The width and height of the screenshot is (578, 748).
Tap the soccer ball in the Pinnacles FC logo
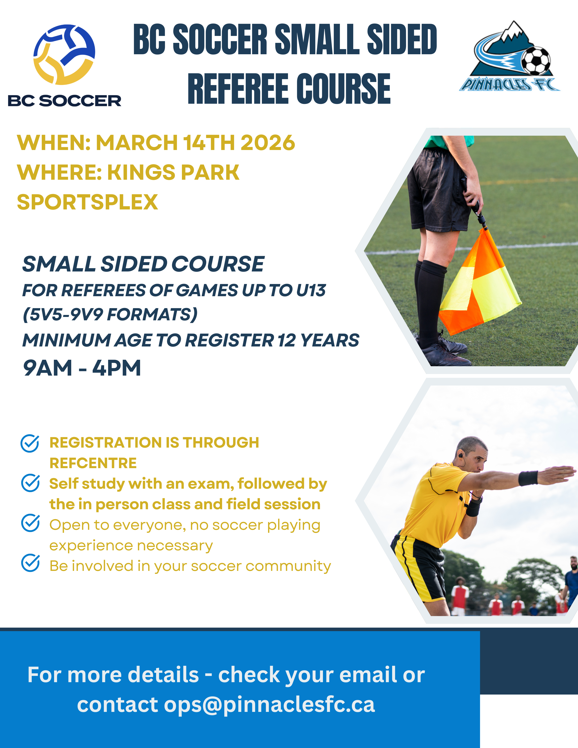536,61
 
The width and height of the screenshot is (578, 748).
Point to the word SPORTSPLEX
87,202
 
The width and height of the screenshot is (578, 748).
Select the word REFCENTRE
93,463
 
